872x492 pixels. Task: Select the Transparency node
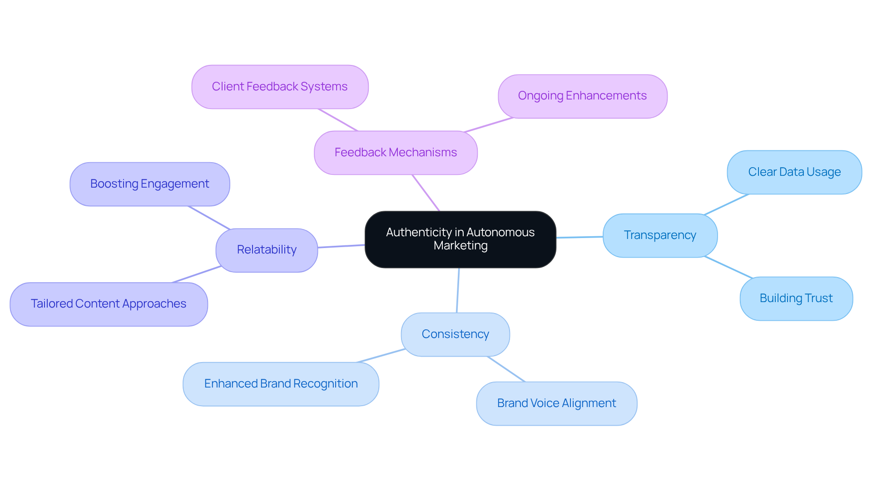click(x=659, y=235)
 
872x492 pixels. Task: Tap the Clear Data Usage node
click(x=794, y=172)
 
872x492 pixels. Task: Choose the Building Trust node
click(x=796, y=298)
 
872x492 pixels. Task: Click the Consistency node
click(x=455, y=334)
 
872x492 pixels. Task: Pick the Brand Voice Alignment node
click(x=556, y=403)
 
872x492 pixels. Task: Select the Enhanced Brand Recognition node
click(x=281, y=384)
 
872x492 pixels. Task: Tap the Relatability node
click(x=267, y=250)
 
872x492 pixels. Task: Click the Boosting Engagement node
click(x=149, y=184)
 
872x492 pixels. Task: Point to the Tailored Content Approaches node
click(x=109, y=304)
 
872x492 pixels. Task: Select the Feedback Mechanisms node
click(x=396, y=153)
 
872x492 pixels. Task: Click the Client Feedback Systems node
click(x=280, y=87)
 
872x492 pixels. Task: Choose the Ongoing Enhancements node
click(x=582, y=96)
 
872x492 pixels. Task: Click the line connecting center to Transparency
click(x=580, y=237)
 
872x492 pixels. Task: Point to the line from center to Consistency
click(x=458, y=291)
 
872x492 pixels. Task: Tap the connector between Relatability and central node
click(x=341, y=246)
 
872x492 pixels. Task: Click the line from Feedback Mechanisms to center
click(x=426, y=193)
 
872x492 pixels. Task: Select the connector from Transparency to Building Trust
click(x=728, y=267)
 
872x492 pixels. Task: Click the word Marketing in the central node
click(x=461, y=246)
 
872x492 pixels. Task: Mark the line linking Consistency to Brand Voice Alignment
click(x=506, y=369)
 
